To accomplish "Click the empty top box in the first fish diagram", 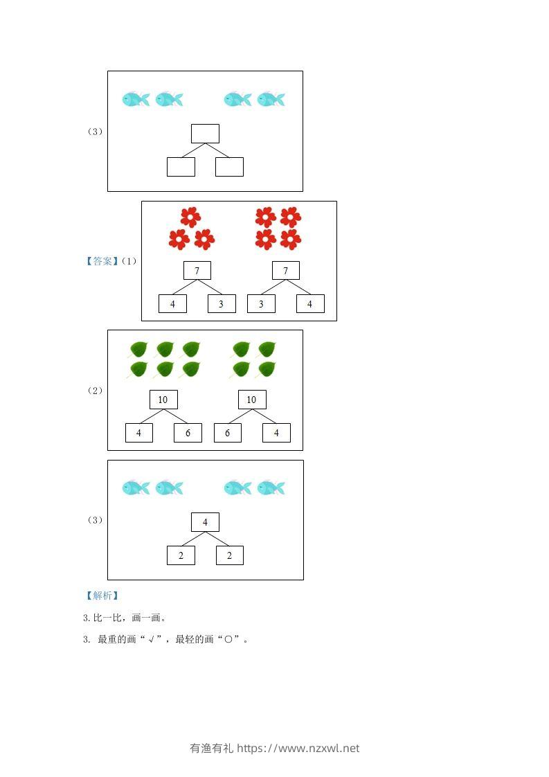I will pos(205,134).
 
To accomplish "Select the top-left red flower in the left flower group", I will pos(190,217).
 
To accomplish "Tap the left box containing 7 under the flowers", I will pos(197,271).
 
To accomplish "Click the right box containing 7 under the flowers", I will pos(286,271).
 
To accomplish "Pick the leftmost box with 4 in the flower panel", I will pos(172,304).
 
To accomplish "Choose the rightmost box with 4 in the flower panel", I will pos(310,304).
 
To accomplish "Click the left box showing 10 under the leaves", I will pos(163,400).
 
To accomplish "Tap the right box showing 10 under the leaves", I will pos(252,400).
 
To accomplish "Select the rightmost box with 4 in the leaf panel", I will pos(276,433).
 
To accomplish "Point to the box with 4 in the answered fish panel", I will pos(205,522).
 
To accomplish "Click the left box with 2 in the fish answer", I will pos(181,555).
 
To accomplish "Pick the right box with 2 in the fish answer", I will pos(230,555).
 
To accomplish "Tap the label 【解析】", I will pos(101,596).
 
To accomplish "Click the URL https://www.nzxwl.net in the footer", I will pos(298,748).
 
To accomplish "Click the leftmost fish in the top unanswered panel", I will pos(136,99).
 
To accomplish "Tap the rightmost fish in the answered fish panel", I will pos(271,488).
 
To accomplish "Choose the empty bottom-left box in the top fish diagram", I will pos(181,167).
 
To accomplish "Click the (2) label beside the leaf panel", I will pos(96,391).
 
